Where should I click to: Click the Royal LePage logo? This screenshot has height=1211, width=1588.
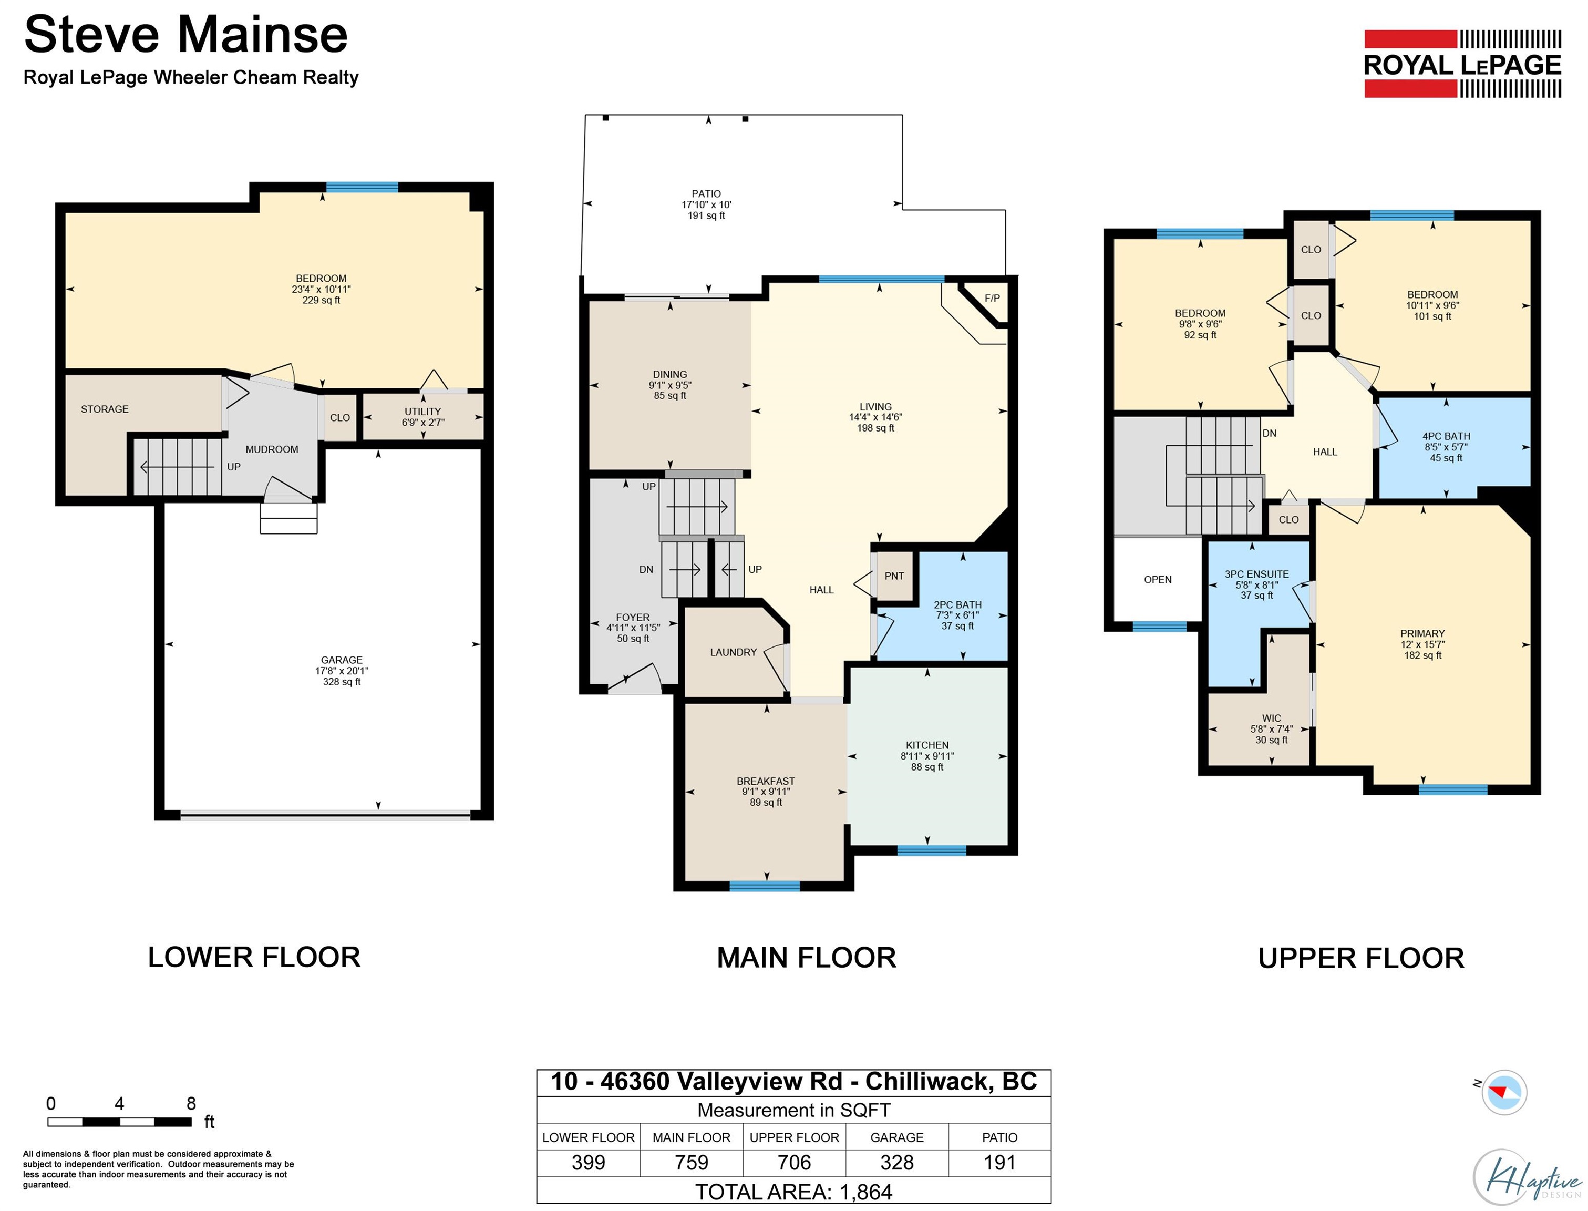point(1462,64)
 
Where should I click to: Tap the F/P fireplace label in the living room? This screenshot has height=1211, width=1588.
point(992,299)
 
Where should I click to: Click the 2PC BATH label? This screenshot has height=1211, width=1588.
point(957,605)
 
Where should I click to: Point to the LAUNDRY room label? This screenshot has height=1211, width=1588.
point(734,652)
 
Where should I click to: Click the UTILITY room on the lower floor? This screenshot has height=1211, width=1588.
point(423,417)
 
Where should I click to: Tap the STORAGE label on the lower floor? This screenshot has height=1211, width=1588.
point(105,409)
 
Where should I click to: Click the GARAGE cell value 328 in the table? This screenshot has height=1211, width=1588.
point(897,1162)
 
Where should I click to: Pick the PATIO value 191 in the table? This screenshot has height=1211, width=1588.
point(1000,1162)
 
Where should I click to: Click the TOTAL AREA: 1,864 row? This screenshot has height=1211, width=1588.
point(794,1192)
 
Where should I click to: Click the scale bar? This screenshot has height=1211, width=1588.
point(120,1122)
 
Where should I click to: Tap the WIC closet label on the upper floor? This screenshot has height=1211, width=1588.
point(1272,718)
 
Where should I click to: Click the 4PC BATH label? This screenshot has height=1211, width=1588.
point(1446,436)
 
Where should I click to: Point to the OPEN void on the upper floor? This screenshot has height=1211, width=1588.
point(1158,580)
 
